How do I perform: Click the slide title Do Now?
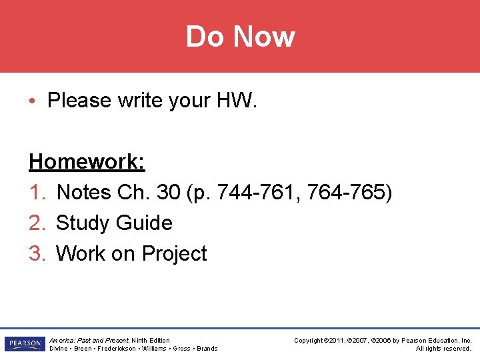tap(240, 36)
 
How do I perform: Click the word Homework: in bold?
tap(87, 161)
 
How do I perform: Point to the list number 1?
tap(37, 193)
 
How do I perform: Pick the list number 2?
tap(37, 223)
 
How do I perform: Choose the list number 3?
tap(37, 254)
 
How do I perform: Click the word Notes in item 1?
tap(84, 193)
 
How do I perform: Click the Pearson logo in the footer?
tap(24, 344)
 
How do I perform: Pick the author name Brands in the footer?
tap(207, 349)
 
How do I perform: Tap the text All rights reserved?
tap(443, 349)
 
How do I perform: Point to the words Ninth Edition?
tap(151, 340)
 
